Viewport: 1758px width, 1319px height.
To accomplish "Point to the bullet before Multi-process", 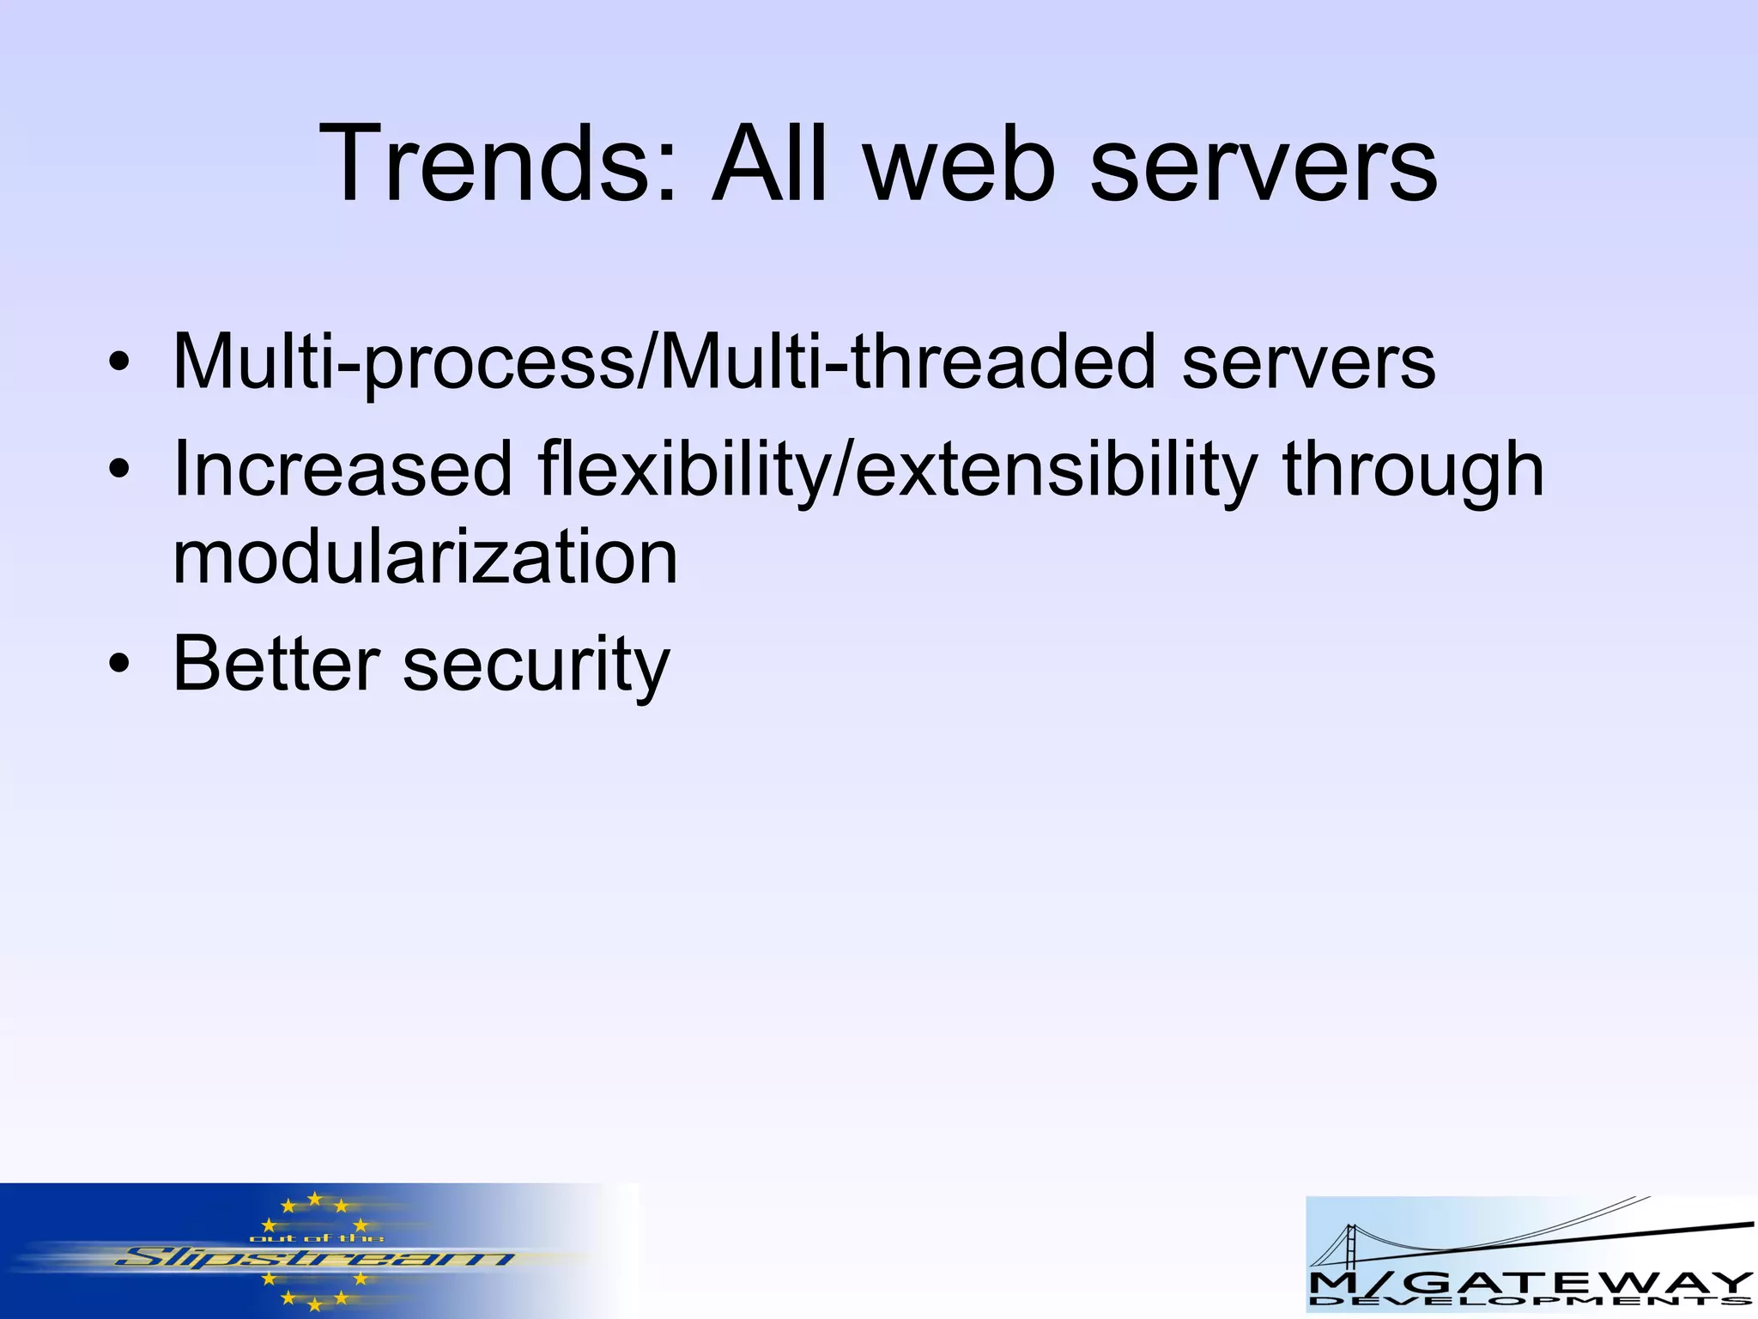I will click(x=119, y=362).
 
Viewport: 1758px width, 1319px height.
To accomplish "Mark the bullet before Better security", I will click(x=119, y=664).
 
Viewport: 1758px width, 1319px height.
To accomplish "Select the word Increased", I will click(x=343, y=470).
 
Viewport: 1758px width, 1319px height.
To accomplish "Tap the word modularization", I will click(x=426, y=557).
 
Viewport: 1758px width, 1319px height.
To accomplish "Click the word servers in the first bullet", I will click(x=1308, y=362).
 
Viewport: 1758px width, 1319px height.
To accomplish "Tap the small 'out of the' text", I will click(x=316, y=1237).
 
